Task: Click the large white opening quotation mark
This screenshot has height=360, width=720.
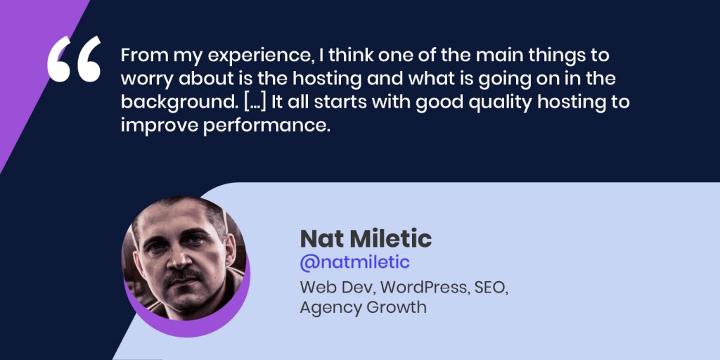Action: [74, 59]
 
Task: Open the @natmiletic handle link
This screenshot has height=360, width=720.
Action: [354, 263]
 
